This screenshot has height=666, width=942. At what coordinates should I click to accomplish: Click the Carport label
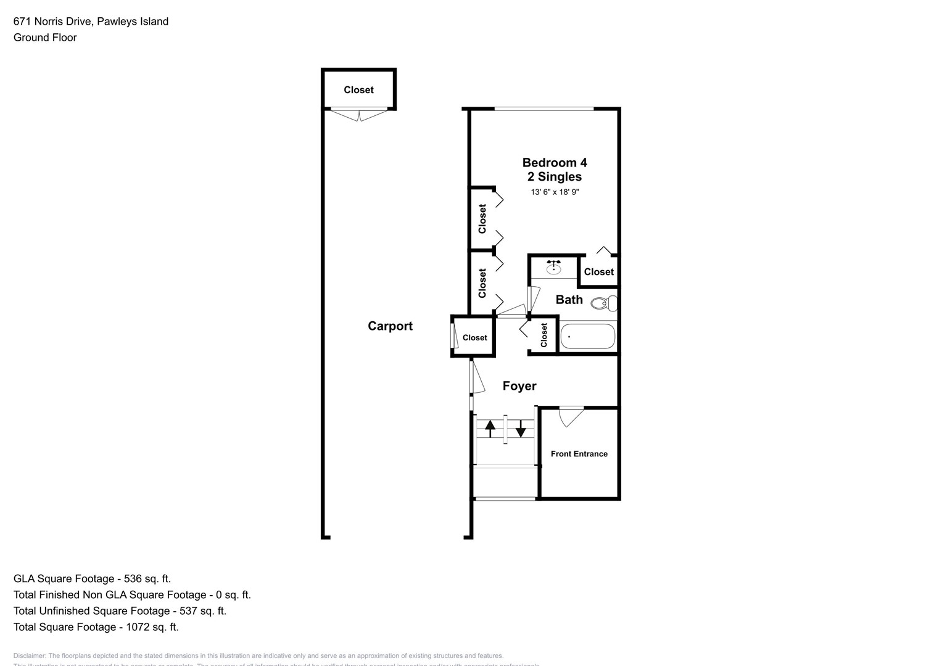coord(390,326)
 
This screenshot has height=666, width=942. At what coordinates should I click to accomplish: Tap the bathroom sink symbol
coord(554,267)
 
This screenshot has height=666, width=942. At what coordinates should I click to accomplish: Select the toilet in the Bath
coord(604,303)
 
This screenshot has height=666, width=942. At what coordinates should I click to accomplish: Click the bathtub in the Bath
coord(587,337)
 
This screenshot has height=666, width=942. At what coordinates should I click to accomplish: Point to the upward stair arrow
coord(490,427)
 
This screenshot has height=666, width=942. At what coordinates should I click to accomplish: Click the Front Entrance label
coord(579,454)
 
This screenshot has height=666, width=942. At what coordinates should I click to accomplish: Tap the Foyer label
coord(519,386)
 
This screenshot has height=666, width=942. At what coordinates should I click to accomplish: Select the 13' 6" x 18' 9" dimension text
coord(555,192)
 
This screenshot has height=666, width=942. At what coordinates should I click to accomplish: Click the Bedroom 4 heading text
coord(555,163)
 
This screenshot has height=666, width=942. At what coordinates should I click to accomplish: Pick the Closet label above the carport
coord(358,90)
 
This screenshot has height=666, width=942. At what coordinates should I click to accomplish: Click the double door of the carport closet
coord(359,115)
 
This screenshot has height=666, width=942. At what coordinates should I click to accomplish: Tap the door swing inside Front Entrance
coord(571,416)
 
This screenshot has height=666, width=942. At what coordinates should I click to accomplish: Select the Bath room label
coord(569,300)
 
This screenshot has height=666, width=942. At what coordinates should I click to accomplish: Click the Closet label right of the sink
coord(598,272)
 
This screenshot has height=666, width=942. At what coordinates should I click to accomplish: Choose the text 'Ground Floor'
coord(45,38)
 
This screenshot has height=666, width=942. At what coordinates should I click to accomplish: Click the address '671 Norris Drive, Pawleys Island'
coord(91,22)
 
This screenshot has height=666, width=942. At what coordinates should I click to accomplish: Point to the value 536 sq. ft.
coord(147,579)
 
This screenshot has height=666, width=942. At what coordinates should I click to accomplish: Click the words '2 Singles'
coord(555,177)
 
